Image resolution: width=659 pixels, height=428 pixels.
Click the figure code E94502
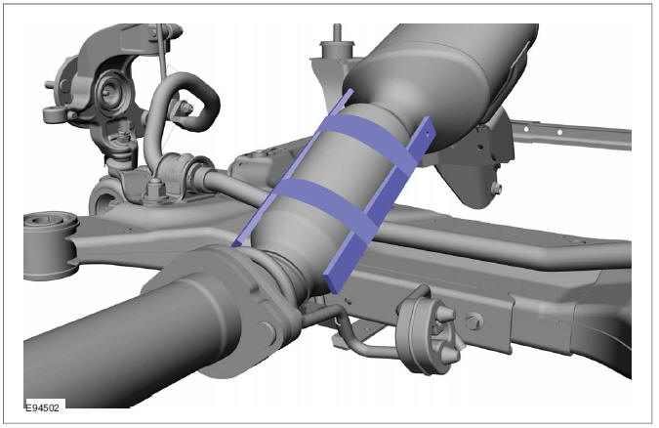tap(43, 407)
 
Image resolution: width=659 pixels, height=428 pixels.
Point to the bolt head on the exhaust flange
tap(268, 331)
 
